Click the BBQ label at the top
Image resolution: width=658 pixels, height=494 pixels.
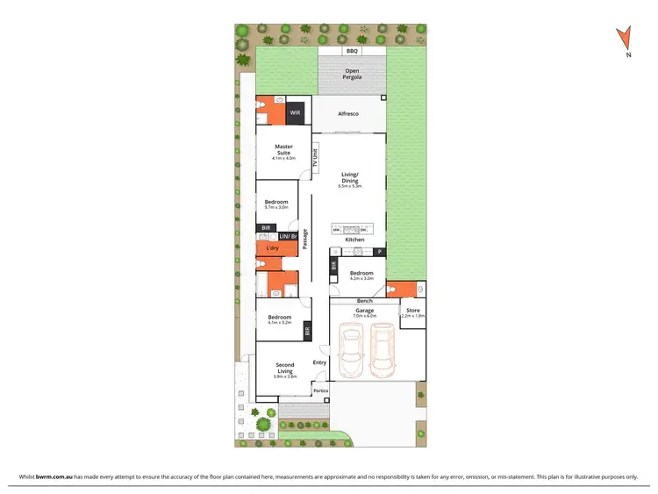point(352,52)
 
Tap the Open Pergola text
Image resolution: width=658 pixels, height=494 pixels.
point(352,74)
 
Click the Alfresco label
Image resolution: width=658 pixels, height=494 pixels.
point(348,113)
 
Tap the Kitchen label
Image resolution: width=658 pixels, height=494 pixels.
point(354,240)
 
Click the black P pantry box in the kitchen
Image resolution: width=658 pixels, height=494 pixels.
point(379,252)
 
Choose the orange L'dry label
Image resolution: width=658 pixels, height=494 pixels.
point(272,249)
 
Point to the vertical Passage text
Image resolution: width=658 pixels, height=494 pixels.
point(304,240)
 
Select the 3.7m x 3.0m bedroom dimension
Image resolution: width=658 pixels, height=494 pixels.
point(276,208)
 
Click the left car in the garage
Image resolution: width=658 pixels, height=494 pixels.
point(351,348)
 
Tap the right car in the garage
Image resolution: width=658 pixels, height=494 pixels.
point(383,348)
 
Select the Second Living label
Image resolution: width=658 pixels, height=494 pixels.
point(285,368)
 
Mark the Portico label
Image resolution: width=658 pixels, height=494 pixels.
point(321,390)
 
